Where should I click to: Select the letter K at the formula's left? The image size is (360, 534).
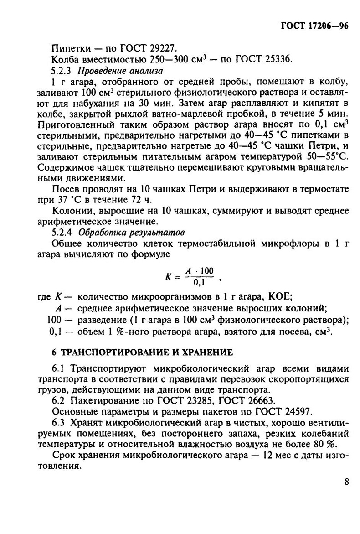click(167, 277)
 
